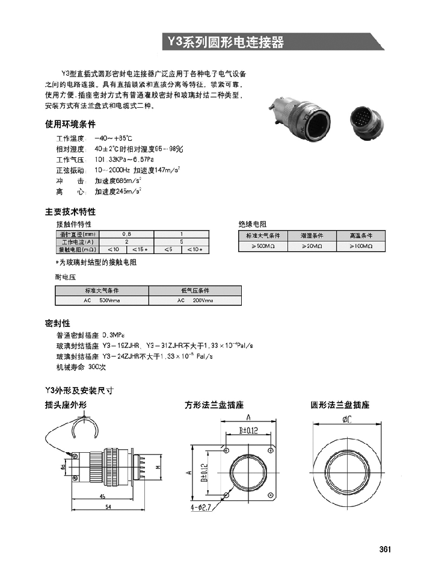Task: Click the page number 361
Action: (x=386, y=549)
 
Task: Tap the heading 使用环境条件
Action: (x=70, y=125)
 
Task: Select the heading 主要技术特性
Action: (x=70, y=212)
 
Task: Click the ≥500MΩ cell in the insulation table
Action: (x=263, y=246)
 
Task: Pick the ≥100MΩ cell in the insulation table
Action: (x=361, y=246)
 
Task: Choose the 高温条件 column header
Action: (x=361, y=235)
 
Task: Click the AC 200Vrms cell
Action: (x=195, y=300)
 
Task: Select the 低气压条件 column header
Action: (x=195, y=290)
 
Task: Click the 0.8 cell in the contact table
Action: (x=126, y=233)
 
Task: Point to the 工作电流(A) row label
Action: (x=78, y=241)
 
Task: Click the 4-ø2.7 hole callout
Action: (x=200, y=508)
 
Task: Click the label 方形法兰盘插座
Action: (x=217, y=405)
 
